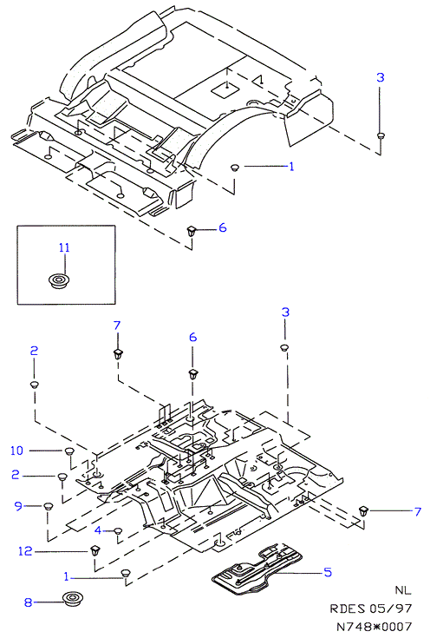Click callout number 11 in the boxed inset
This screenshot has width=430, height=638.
[x=64, y=247]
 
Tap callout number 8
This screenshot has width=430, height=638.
[x=28, y=602]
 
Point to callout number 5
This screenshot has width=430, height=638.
[x=328, y=572]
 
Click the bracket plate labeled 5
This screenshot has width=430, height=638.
[x=258, y=566]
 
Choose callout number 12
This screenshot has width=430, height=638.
[x=25, y=551]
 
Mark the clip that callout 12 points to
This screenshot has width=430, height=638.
[x=95, y=551]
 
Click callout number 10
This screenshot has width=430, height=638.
[x=17, y=451]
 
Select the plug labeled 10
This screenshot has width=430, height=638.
[x=69, y=451]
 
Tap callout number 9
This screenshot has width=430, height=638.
[x=18, y=506]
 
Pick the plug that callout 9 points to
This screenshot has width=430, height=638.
[x=49, y=507]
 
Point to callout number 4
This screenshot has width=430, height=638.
[x=98, y=530]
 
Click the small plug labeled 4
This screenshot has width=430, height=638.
[x=118, y=531]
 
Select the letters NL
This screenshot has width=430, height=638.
[x=403, y=590]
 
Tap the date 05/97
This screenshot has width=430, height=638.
[x=391, y=608]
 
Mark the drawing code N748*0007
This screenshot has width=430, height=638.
[x=375, y=627]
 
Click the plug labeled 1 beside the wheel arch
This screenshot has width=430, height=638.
[x=235, y=167]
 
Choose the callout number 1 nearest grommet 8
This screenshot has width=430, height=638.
[x=67, y=576]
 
